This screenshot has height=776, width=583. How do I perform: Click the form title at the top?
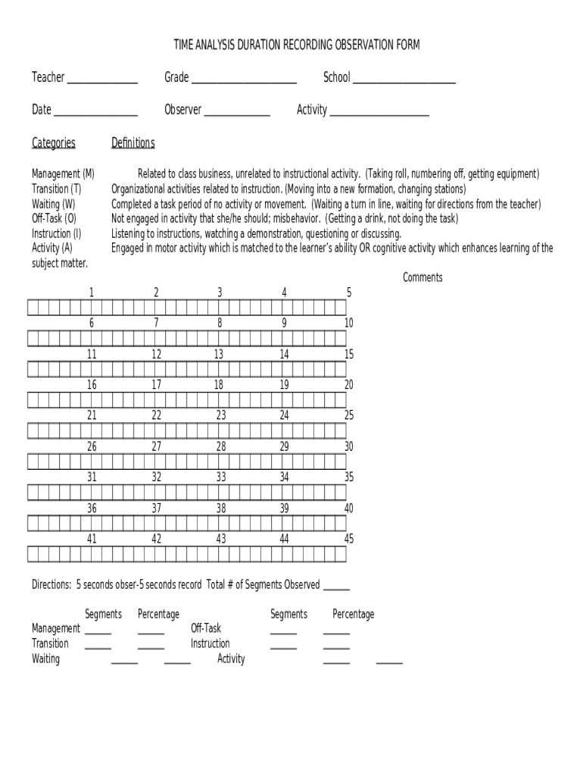click(296, 45)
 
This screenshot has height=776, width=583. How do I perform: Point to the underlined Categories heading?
click(54, 143)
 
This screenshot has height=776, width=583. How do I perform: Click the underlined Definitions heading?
click(133, 143)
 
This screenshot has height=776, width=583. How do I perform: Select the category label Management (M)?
click(63, 174)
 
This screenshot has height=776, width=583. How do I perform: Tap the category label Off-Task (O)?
click(54, 219)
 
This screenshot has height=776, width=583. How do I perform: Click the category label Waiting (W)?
click(53, 204)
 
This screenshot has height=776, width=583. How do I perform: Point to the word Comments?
click(422, 277)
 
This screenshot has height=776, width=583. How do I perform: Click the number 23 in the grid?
click(221, 415)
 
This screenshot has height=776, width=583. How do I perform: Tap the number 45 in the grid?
click(349, 540)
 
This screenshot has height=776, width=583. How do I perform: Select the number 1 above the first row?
click(92, 293)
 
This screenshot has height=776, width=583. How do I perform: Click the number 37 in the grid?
click(156, 508)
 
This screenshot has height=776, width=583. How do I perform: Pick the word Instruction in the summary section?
click(210, 644)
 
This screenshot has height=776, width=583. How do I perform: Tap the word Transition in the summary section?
click(50, 644)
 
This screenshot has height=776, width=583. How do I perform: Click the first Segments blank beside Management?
click(98, 630)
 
